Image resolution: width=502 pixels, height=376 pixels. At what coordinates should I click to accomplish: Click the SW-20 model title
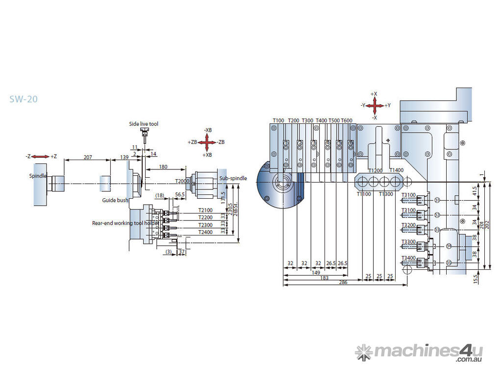point(24,99)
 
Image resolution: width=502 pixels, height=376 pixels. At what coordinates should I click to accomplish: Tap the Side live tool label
point(144,124)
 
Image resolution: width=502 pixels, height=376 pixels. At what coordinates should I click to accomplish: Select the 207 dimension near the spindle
point(87,157)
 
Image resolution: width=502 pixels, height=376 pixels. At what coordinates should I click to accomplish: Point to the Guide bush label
point(115,200)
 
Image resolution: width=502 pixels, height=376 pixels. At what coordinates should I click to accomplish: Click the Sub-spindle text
point(233,178)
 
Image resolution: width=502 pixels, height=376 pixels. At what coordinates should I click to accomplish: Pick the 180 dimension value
point(163,167)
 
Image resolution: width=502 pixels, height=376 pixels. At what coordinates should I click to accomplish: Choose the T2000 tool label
point(182,181)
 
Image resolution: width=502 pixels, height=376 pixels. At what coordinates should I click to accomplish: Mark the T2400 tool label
point(205,232)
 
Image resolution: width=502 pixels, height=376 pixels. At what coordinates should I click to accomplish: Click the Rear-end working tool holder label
point(125,223)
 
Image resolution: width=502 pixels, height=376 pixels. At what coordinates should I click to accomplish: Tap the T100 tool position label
point(278,120)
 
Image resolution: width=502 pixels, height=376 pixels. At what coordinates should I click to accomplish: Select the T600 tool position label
point(346,120)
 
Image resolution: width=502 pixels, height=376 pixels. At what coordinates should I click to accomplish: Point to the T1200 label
point(376,170)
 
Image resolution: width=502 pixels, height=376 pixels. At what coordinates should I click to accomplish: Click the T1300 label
point(386,194)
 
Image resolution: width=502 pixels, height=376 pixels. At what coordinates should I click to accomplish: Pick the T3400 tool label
point(408,258)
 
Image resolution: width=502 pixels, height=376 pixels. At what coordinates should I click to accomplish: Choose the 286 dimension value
point(343,282)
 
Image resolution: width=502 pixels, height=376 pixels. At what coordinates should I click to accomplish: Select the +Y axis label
point(387,105)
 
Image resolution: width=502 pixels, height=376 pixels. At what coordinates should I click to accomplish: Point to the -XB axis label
point(208,130)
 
